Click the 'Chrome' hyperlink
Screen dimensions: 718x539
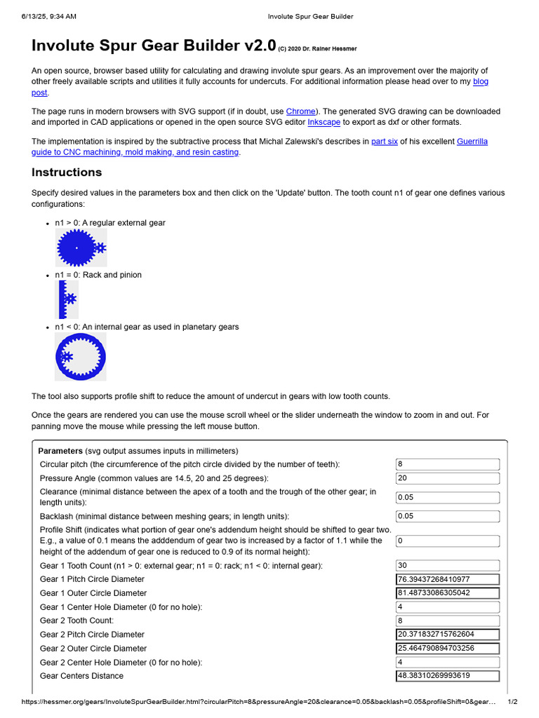click(300, 111)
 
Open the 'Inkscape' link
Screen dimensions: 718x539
click(324, 122)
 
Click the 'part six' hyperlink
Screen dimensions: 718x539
click(384, 142)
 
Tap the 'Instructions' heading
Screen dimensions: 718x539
click(67, 172)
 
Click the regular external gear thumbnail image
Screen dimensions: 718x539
click(81, 248)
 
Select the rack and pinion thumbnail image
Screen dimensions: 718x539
click(67, 299)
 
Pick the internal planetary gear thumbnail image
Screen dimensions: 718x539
click(81, 357)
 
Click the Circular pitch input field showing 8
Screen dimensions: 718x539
click(447, 464)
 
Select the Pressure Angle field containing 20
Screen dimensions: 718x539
click(447, 478)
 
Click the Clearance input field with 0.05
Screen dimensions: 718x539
click(447, 497)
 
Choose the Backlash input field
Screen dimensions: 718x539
click(447, 516)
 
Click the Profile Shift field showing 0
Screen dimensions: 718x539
click(447, 541)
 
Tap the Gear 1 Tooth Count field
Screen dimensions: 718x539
click(447, 566)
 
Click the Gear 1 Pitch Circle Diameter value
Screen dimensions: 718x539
click(447, 579)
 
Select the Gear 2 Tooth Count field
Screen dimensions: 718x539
click(447, 621)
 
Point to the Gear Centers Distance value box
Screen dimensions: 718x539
click(447, 676)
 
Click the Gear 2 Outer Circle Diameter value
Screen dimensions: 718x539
click(447, 649)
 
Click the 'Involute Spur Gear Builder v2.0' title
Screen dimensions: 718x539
click(154, 46)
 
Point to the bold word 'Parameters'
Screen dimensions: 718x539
click(60, 451)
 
